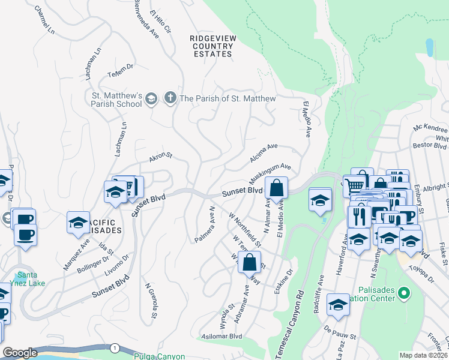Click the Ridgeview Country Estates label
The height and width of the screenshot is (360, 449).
tap(211, 46)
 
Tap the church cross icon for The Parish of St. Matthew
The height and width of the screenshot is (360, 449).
tap(170, 98)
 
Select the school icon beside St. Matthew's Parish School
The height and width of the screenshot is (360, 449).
tap(151, 98)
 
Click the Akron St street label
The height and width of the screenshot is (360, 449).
tap(161, 158)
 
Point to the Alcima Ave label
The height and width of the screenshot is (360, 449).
tap(264, 153)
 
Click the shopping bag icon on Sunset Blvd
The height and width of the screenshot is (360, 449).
tap(276, 188)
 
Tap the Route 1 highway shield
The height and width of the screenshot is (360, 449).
tap(113, 347)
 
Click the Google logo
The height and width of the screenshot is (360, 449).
tap(20, 353)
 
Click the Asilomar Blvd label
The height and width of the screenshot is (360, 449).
tap(221, 337)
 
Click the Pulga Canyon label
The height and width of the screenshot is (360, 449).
tap(159, 356)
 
